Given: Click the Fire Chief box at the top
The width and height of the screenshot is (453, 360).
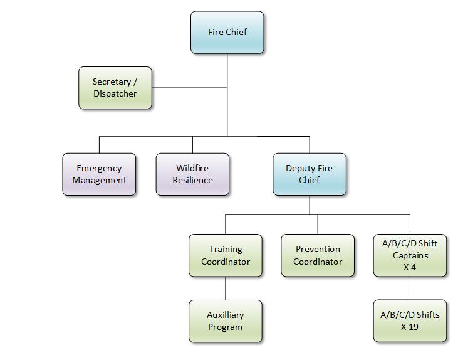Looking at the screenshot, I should tap(227, 32).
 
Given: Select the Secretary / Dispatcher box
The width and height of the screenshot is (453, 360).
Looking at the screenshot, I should tap(115, 88).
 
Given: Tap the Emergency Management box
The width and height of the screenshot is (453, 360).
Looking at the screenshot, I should tap(99, 174).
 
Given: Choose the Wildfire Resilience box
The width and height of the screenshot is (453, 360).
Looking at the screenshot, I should tap(192, 174).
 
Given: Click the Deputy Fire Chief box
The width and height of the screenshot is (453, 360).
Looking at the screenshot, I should tap(309, 174).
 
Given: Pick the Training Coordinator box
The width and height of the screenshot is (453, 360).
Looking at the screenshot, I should tap(226, 255).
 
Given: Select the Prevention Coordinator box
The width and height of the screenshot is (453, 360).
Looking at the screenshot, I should tap(318, 255).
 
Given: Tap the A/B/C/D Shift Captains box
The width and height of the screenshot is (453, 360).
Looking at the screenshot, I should tap(410, 255).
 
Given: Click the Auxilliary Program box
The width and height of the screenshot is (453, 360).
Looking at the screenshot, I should tap(226, 321).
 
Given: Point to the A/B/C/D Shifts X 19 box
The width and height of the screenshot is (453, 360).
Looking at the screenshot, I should tap(410, 321).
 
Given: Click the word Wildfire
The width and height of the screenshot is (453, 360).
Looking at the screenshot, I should tap(192, 168).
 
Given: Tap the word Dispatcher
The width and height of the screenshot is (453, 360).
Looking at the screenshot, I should tap(115, 94).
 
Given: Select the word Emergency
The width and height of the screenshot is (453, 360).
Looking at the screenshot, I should tap(99, 168).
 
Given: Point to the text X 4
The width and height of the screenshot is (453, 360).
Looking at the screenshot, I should tap(410, 267).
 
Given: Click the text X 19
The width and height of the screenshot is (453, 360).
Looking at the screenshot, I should tap(410, 327).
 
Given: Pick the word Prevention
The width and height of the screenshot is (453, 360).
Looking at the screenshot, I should tap(318, 249).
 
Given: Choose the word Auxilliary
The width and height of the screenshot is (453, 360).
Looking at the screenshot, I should tap(226, 315).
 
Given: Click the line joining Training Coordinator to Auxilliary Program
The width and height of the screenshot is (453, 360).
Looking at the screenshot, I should tap(226, 288).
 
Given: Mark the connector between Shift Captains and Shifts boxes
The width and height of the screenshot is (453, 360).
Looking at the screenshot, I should tap(410, 288).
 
